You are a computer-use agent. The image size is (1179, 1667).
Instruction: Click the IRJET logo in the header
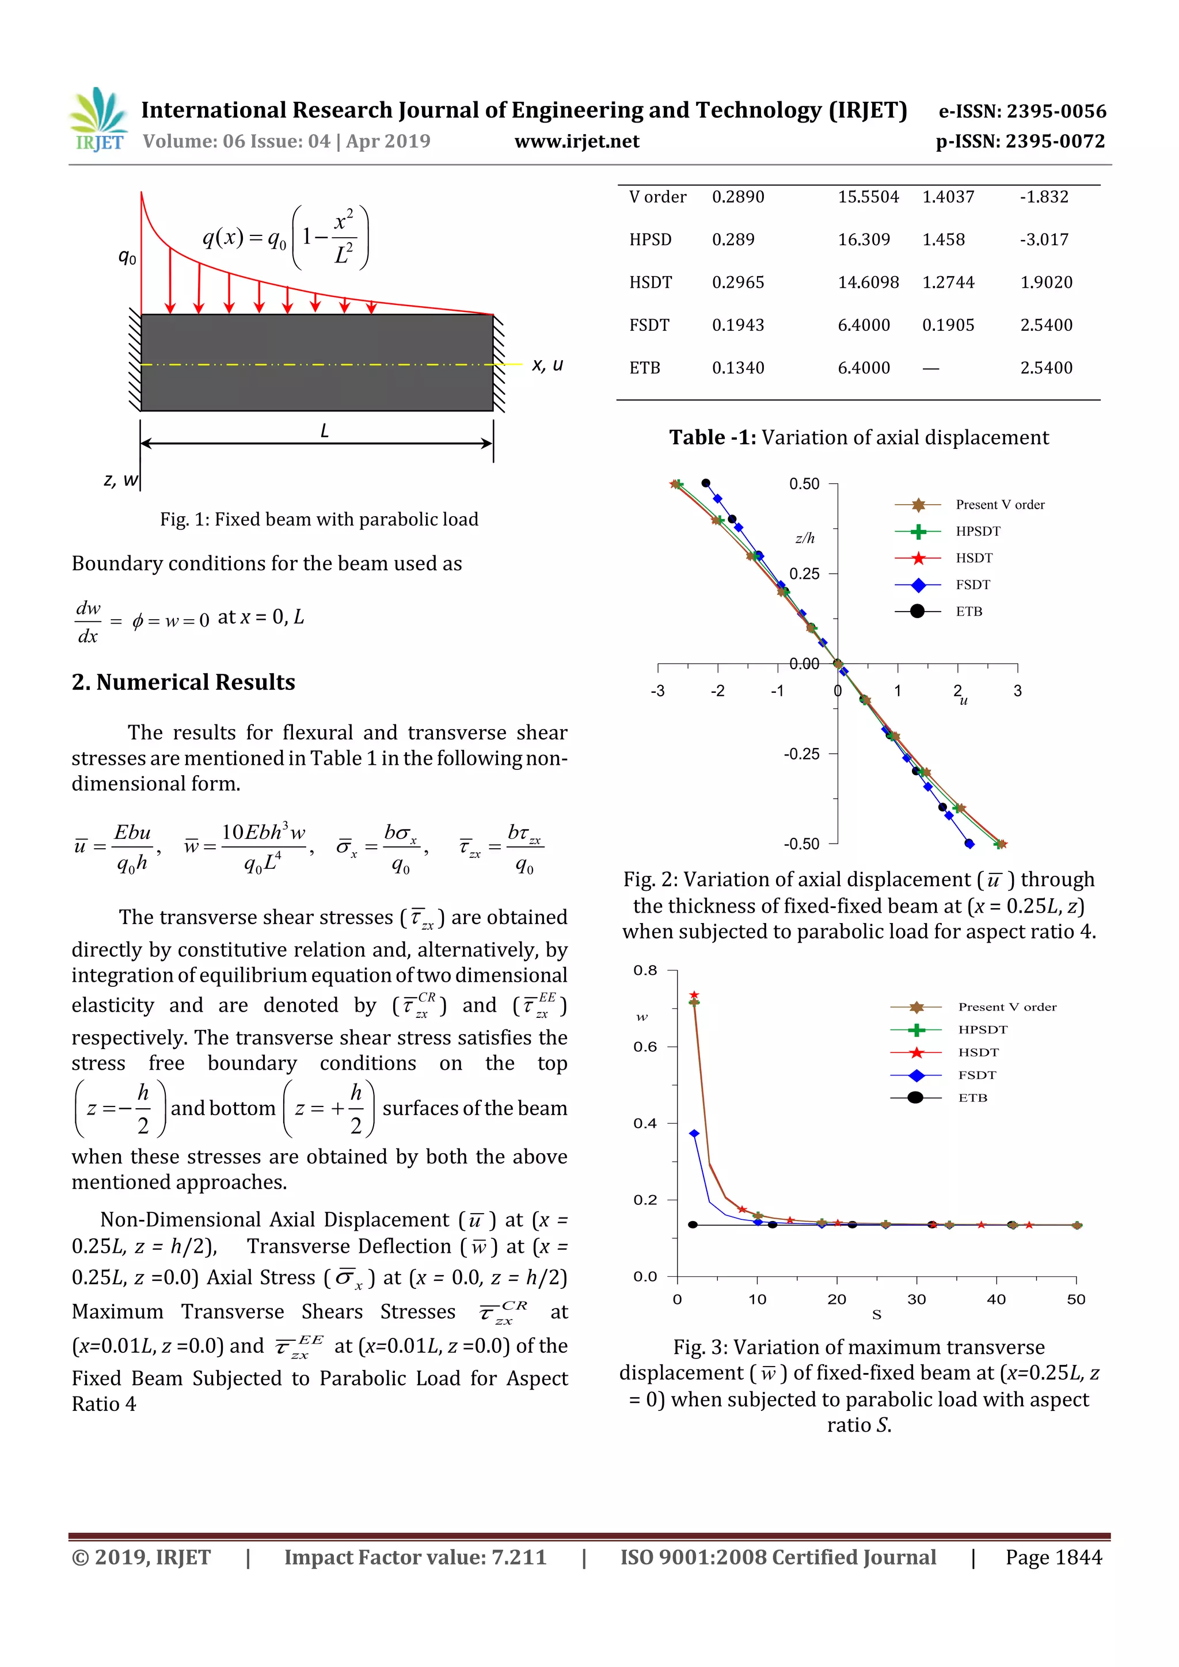[98, 120]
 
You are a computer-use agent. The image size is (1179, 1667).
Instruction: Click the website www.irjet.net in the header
[577, 142]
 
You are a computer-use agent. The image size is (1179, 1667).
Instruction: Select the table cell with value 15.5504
[868, 197]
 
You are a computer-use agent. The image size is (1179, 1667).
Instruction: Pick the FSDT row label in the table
[649, 325]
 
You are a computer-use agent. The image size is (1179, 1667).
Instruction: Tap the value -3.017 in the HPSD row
[1044, 239]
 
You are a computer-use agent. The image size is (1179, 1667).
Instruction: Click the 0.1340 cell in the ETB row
[737, 368]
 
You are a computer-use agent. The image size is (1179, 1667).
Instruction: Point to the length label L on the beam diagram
[325, 431]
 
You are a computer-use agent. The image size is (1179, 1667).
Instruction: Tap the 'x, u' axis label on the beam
[547, 364]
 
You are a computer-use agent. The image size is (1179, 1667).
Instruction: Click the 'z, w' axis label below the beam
[120, 479]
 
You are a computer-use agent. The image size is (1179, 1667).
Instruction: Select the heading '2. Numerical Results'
[183, 682]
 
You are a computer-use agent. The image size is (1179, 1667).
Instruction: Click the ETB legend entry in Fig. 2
[968, 611]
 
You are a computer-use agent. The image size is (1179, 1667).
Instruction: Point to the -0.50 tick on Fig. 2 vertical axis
[801, 844]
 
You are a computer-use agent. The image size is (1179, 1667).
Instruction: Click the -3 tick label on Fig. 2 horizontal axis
[657, 691]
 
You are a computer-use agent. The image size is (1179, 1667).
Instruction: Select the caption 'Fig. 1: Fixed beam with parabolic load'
[319, 520]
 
